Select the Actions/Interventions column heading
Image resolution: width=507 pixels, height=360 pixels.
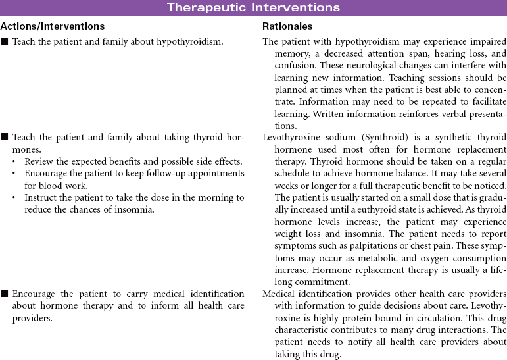tap(52, 26)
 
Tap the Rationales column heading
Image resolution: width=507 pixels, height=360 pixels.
tap(287, 26)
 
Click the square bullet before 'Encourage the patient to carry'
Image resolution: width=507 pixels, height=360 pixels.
tap(5, 294)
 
